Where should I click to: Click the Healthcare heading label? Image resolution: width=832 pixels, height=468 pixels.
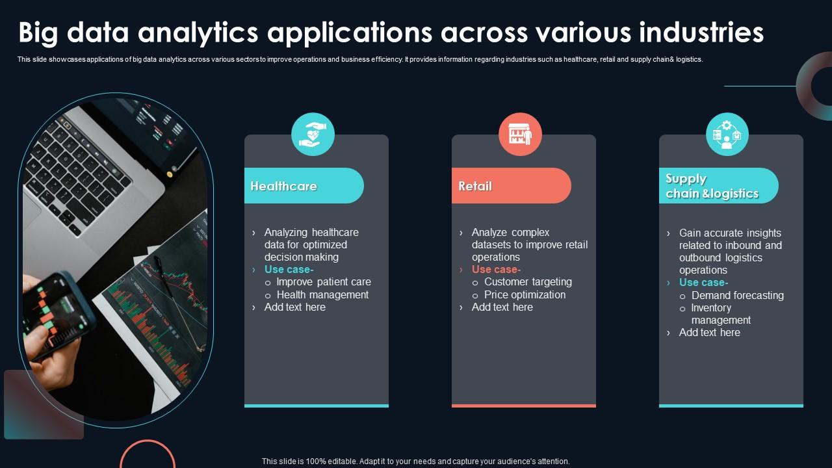[284, 187]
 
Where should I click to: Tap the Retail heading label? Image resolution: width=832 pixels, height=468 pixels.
[475, 187]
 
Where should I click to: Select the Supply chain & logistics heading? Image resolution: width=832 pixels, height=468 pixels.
[712, 186]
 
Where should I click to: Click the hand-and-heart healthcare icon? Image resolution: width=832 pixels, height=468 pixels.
[313, 134]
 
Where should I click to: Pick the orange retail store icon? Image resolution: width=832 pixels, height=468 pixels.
[520, 134]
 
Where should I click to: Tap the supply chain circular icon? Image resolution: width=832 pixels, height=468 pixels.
[727, 134]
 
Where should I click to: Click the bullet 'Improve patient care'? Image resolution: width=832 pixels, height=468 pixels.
[324, 282]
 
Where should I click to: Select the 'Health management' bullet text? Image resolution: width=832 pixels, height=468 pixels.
[322, 295]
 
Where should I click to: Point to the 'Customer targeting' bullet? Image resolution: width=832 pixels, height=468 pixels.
[528, 282]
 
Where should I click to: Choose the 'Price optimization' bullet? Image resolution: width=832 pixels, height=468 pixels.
[525, 295]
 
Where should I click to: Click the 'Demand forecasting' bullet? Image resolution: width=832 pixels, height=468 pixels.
[737, 296]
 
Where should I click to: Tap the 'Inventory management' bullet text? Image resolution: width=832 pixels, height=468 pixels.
[720, 314]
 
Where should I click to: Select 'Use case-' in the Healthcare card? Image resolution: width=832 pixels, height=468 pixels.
[289, 270]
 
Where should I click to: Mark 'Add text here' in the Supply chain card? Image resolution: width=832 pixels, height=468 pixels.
[709, 333]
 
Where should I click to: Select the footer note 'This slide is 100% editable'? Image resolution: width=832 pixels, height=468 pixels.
[415, 461]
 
